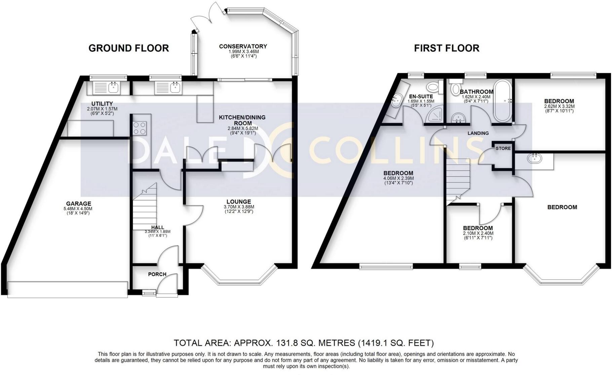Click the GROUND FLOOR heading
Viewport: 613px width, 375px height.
(128, 48)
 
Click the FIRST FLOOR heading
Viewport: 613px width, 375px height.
(447, 48)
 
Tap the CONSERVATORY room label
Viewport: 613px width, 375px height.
(243, 46)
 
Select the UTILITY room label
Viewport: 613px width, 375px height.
(102, 104)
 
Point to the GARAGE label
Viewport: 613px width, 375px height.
(78, 203)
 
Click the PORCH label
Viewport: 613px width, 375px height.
(157, 274)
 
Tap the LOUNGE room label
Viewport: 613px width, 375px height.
(239, 202)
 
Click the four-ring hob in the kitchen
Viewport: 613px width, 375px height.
(140, 127)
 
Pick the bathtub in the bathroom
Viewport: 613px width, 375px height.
(502, 101)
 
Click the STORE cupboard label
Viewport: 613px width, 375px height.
(503, 148)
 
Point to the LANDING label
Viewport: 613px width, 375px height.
(478, 133)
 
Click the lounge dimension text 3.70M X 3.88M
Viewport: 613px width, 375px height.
(239, 207)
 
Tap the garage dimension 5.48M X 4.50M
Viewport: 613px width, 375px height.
(78, 209)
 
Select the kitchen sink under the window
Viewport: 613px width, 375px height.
(168, 88)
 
